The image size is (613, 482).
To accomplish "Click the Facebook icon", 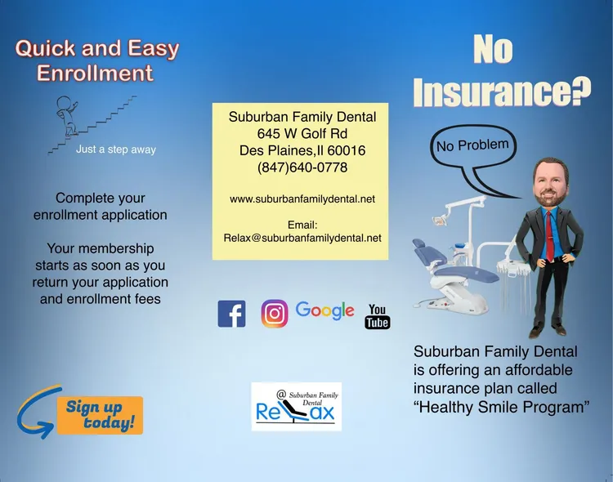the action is tap(231, 314).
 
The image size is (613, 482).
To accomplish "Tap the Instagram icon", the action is tap(275, 314).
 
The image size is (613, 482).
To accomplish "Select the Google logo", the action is tap(324, 310).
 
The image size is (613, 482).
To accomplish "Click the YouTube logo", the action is tap(378, 317).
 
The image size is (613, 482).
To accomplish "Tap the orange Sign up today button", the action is tap(100, 415).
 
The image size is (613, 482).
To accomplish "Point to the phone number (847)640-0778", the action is tap(302, 167).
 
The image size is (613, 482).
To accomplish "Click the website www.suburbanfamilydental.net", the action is tap(302, 199).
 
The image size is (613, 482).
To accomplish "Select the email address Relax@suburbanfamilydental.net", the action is tap(302, 238).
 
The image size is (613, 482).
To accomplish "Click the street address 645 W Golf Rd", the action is tap(302, 134).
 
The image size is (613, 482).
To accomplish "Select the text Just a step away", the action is tap(116, 150).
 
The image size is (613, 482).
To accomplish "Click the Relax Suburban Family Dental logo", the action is tap(297, 407).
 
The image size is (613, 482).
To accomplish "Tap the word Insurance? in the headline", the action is tap(502, 91).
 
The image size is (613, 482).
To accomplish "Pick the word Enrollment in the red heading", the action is tap(95, 73).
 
